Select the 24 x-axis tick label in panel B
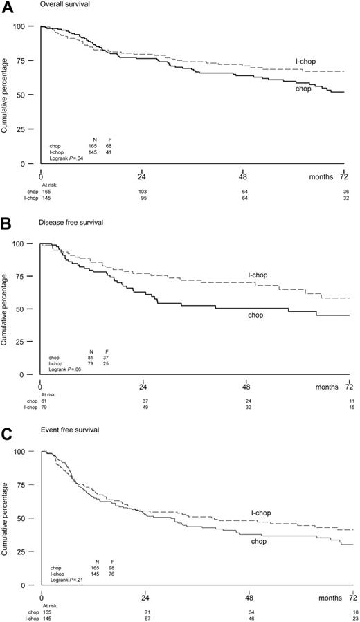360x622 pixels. coord(143,386)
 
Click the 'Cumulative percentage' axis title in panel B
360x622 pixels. coord(7,308)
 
